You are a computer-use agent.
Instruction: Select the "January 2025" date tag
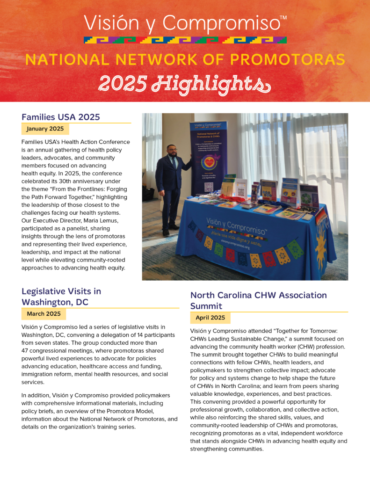(x=45, y=129)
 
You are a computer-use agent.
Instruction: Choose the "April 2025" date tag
(x=210, y=318)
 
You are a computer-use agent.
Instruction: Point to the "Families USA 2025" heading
(x=61, y=117)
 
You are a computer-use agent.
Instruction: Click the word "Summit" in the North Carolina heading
(x=206, y=306)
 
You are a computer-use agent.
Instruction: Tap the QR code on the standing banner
(x=209, y=186)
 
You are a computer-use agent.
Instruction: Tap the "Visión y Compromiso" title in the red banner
(x=185, y=23)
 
